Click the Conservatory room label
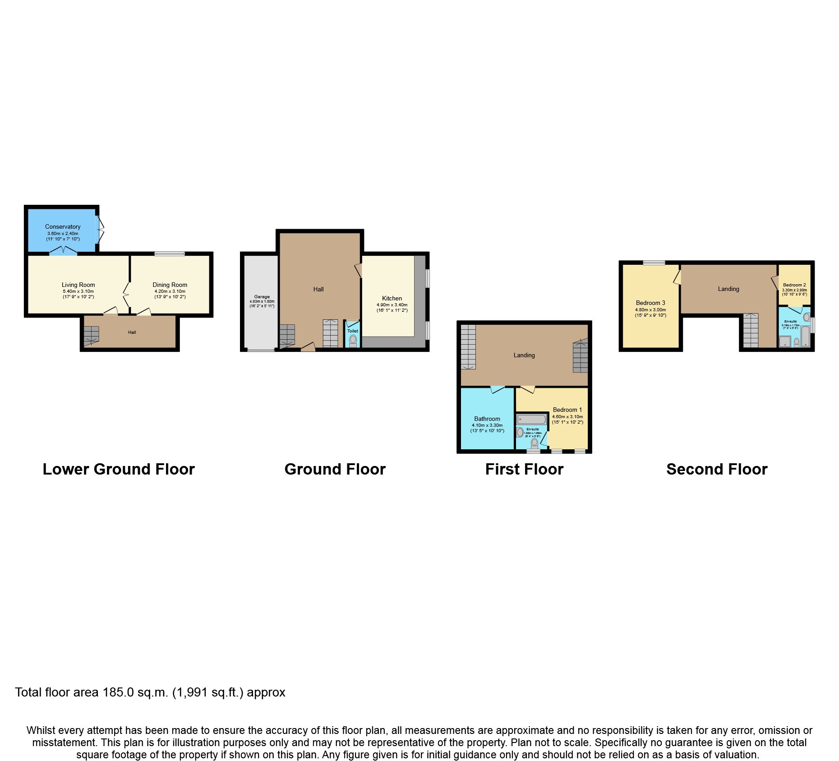(63, 226)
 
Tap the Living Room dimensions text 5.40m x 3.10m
(78, 291)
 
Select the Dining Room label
(170, 285)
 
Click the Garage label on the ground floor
(262, 297)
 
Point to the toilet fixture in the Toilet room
(353, 340)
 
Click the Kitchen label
(392, 298)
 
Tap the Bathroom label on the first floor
(487, 419)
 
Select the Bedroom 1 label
(567, 410)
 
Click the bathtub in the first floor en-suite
(531, 420)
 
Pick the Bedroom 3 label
(650, 303)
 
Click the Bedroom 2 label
(794, 285)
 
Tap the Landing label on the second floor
(728, 289)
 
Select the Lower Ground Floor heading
(119, 469)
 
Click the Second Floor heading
(716, 469)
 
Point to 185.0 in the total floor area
(118, 692)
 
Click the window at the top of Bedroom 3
(654, 263)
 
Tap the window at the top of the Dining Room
(170, 254)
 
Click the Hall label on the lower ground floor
(132, 332)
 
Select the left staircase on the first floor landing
(468, 347)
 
